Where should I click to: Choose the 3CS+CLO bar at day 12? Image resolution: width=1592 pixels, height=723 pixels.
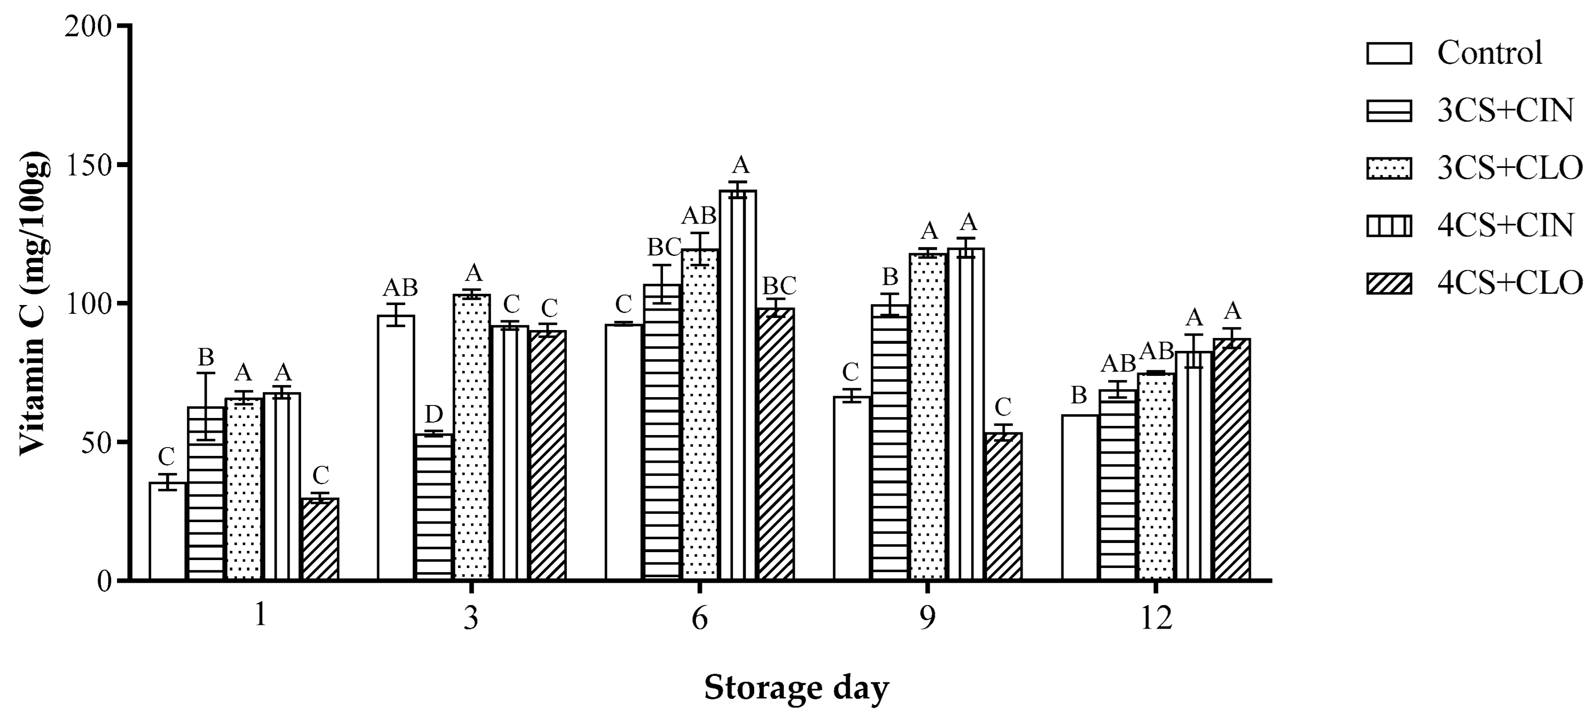click(1156, 476)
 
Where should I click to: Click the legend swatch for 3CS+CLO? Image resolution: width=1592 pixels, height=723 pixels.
click(1389, 168)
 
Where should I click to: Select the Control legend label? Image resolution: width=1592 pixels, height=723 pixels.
click(1489, 53)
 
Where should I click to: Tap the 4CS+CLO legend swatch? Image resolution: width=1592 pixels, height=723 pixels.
click(1389, 283)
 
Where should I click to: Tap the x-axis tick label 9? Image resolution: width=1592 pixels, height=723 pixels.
click(927, 617)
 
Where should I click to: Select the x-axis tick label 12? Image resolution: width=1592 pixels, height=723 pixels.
click(1155, 617)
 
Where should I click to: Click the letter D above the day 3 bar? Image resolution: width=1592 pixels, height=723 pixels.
click(434, 414)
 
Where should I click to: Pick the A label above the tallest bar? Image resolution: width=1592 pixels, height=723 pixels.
click(740, 166)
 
